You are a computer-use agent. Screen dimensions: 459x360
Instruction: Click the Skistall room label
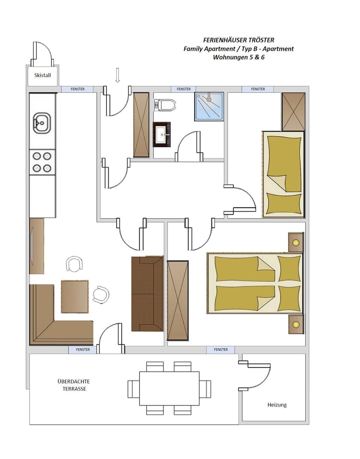[42, 75]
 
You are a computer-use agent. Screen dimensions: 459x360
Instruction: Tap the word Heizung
[277, 405]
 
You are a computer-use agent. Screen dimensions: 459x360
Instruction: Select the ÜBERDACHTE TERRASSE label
[74, 385]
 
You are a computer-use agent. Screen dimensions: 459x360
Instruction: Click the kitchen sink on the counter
[42, 123]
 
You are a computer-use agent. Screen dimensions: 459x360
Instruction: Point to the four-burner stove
[42, 162]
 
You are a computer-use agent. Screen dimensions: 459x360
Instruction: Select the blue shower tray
[209, 107]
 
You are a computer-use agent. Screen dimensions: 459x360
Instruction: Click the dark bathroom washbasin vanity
[162, 134]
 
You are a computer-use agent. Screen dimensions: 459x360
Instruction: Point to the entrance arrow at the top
[117, 75]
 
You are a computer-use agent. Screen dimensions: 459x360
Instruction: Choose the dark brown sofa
[147, 294]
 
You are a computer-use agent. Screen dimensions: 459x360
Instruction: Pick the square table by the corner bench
[75, 296]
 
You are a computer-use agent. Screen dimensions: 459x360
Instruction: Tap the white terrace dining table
[169, 388]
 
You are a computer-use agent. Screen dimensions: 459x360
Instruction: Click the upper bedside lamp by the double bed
[296, 242]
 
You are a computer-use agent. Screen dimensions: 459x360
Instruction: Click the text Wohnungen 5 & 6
[238, 57]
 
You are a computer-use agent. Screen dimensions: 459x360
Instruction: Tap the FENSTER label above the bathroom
[184, 89]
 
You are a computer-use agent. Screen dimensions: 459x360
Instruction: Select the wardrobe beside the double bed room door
[177, 300]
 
